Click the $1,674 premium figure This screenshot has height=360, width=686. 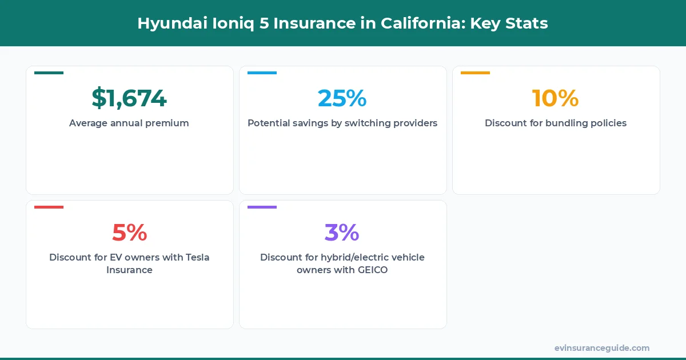(x=129, y=98)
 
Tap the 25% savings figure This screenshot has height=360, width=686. (x=342, y=98)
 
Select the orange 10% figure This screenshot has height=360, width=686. (x=556, y=98)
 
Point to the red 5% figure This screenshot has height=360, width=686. (x=129, y=233)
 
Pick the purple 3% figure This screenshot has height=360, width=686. (x=342, y=233)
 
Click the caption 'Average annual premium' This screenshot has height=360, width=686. (x=129, y=123)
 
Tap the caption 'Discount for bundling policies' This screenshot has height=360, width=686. (x=556, y=123)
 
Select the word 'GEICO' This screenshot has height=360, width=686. (x=370, y=270)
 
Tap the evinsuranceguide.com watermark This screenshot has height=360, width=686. (x=602, y=347)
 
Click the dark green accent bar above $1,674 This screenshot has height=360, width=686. (x=49, y=73)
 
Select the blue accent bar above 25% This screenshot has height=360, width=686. (x=262, y=73)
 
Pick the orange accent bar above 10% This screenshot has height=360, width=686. (x=475, y=73)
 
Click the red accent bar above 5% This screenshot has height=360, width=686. (x=49, y=207)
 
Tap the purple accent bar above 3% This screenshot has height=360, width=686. (x=262, y=207)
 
